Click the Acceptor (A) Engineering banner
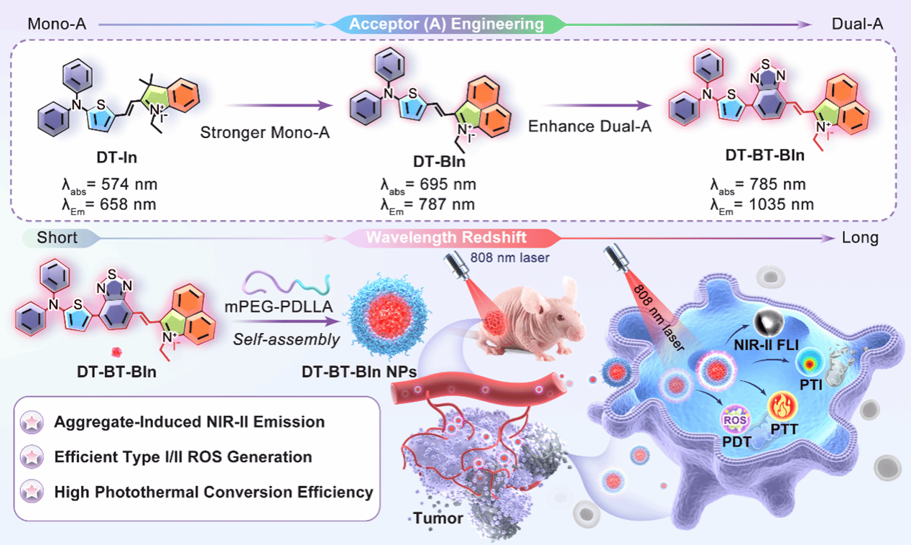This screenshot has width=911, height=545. pyautogui.click(x=446, y=24)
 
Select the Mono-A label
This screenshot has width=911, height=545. pyautogui.click(x=57, y=24)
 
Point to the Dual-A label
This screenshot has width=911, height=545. pyautogui.click(x=855, y=24)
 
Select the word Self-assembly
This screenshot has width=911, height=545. pyautogui.click(x=286, y=339)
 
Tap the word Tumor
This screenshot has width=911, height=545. pyautogui.click(x=438, y=518)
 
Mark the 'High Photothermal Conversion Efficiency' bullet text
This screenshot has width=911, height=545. pyautogui.click(x=214, y=493)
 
